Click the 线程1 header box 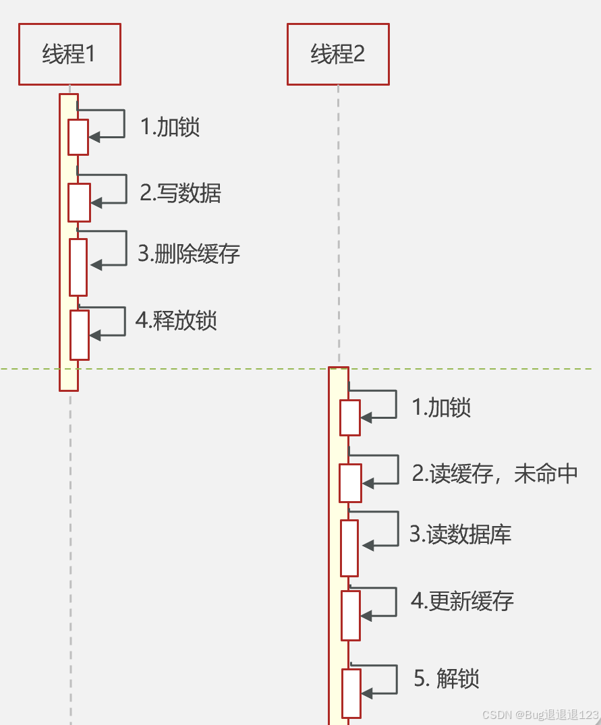point(69,54)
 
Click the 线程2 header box point(338,54)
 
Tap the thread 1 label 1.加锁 point(170,127)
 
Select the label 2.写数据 point(180,194)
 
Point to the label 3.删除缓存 point(189,254)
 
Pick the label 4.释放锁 point(176,320)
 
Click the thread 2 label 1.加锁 point(441,407)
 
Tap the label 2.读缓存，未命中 point(495,473)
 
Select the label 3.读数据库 point(461,534)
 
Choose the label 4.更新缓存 point(463,601)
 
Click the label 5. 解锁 point(447,678)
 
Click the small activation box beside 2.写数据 point(79,202)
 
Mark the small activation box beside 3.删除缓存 point(79,267)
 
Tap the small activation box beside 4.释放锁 point(80,335)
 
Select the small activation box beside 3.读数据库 point(349,548)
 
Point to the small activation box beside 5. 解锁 point(351,693)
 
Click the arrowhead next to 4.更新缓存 point(366,615)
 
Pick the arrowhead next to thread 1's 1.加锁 point(94,137)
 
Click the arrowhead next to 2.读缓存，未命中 point(368,483)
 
